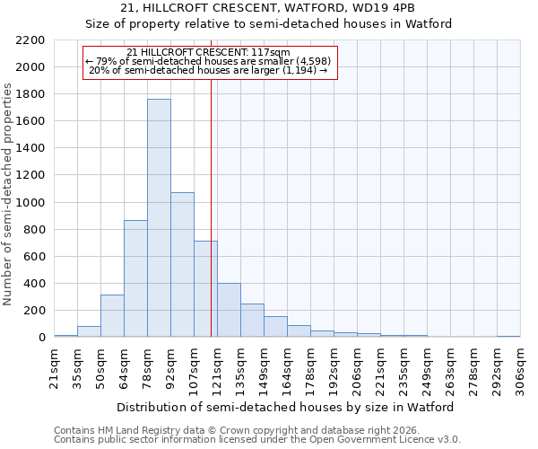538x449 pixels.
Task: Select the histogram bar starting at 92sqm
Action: pos(182,265)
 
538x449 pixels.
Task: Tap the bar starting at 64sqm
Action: pos(135,278)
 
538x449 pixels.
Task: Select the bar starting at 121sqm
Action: pos(229,311)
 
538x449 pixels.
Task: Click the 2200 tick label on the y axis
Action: pos(30,40)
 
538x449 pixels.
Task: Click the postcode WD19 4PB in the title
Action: pos(382,8)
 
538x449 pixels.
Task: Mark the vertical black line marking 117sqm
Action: pos(211,224)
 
